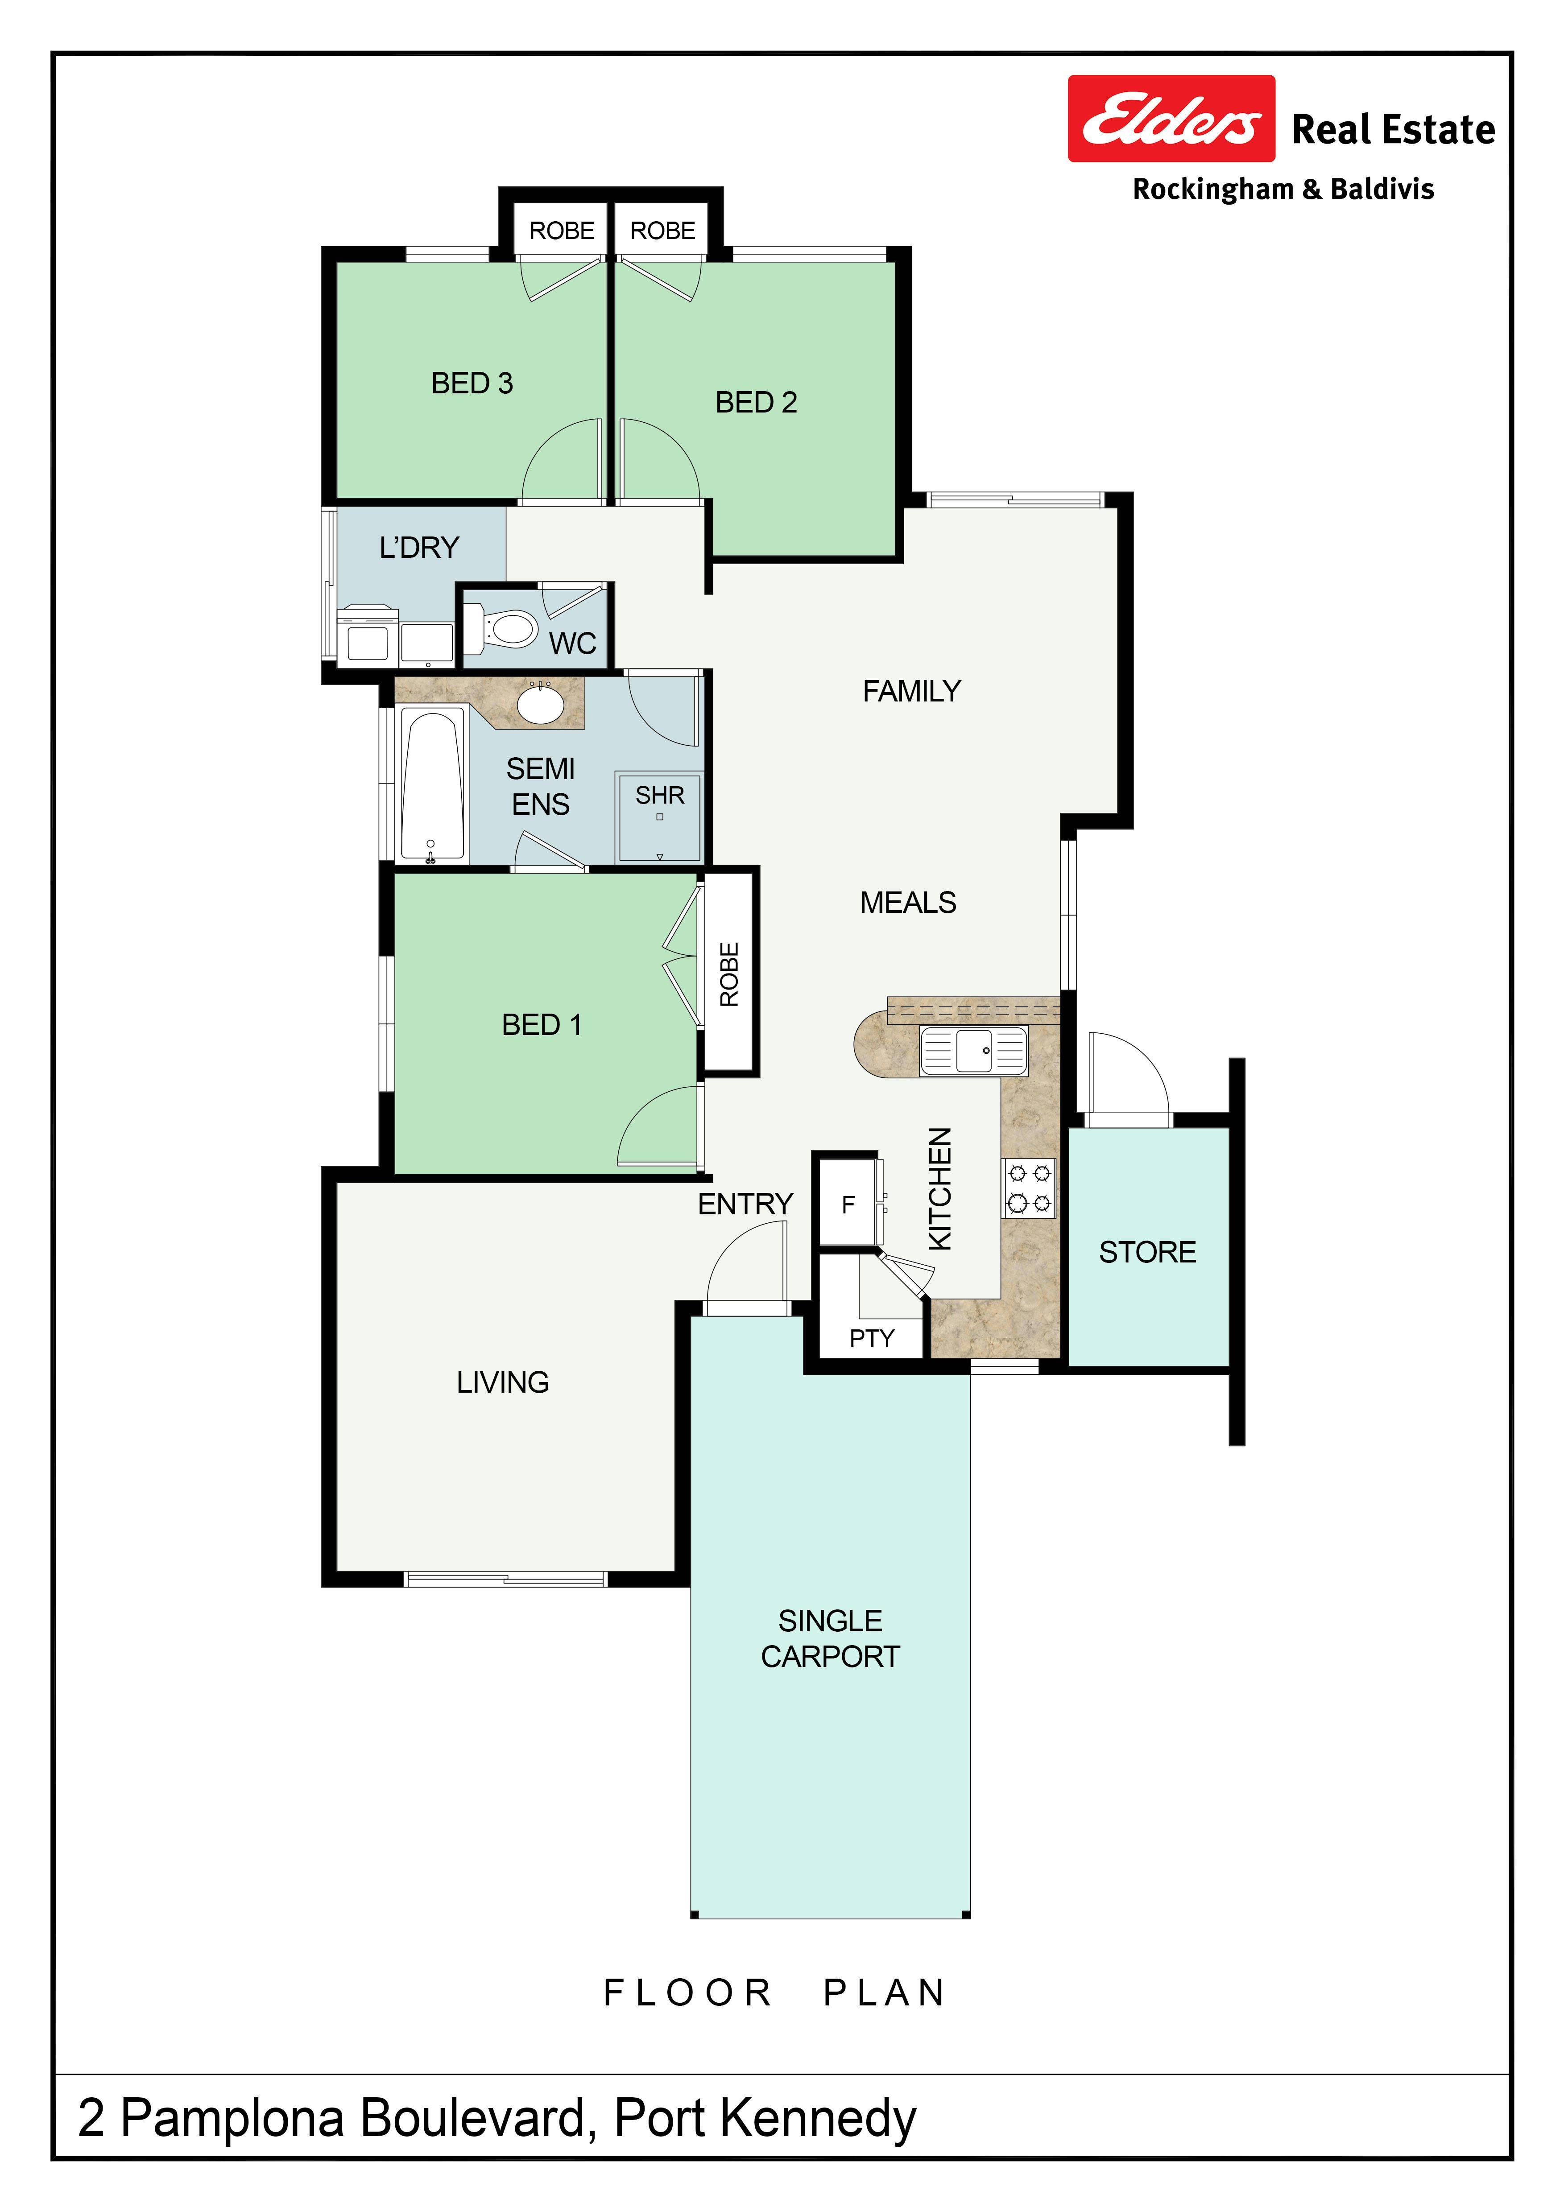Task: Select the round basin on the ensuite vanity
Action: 541,704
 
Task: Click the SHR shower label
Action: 660,796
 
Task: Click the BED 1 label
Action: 541,1025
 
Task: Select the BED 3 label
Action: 472,383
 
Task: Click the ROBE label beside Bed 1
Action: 729,974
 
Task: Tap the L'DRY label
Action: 419,548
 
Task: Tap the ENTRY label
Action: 745,1204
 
